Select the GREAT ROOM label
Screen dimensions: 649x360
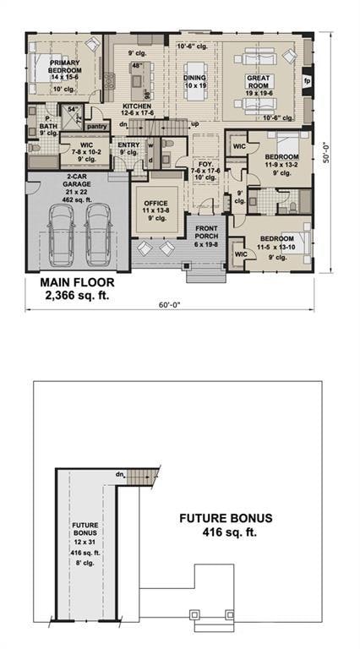258,78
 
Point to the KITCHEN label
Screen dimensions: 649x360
136,106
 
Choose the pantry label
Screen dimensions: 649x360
97,127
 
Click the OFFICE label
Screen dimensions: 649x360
155,203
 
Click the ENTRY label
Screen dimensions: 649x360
128,145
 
